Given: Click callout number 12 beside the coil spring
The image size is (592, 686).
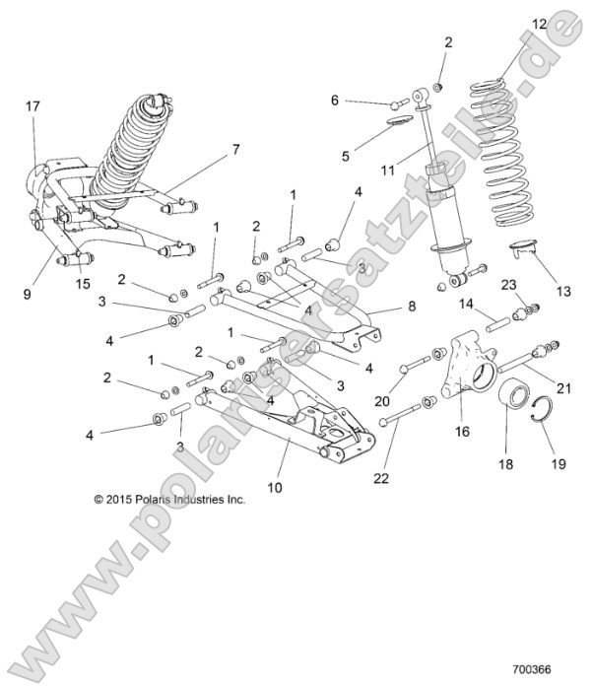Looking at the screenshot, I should tap(510, 24).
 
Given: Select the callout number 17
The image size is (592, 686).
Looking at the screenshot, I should tap(33, 105).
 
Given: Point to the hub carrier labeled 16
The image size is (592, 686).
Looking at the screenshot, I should tap(465, 370).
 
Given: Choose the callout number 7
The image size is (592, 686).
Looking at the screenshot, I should tap(235, 150).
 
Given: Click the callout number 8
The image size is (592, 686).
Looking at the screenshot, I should tap(411, 308).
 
